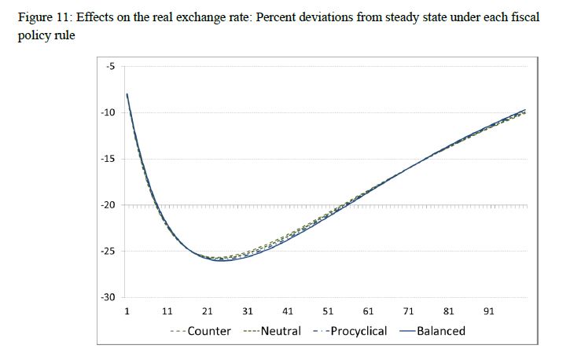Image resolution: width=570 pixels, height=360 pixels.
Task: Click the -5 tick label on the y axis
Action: (x=109, y=66)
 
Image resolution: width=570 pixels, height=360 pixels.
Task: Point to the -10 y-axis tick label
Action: (x=108, y=112)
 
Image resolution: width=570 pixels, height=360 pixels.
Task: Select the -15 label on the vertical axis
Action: (x=108, y=159)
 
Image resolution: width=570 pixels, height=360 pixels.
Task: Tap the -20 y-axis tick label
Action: (x=108, y=205)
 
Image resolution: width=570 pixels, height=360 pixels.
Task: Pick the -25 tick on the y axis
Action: (x=108, y=252)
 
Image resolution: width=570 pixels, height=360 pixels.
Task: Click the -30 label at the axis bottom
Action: (x=108, y=298)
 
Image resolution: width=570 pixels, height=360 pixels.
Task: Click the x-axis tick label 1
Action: (x=127, y=311)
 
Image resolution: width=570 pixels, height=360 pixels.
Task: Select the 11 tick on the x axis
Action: (x=167, y=311)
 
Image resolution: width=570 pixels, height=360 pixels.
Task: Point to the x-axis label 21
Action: (x=208, y=311)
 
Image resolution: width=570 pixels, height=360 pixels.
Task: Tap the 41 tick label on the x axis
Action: (x=288, y=311)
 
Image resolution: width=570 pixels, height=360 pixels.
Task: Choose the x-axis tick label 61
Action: (x=368, y=311)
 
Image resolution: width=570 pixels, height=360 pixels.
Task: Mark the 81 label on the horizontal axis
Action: (x=449, y=311)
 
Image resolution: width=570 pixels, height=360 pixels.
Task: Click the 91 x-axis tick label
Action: (x=489, y=311)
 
